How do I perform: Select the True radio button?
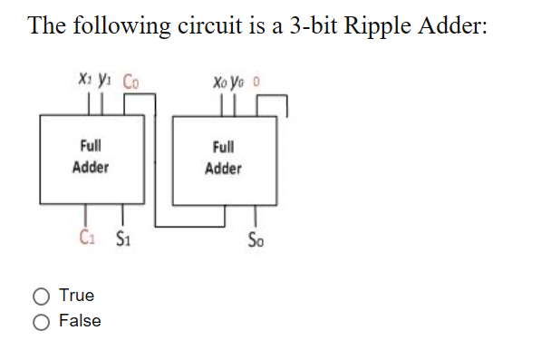pyautogui.click(x=41, y=296)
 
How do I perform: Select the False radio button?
pyautogui.click(x=41, y=321)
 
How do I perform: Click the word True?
pyautogui.click(x=76, y=296)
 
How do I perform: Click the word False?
pyautogui.click(x=80, y=321)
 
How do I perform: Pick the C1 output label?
pyautogui.click(x=87, y=239)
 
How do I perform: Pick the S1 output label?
pyautogui.click(x=121, y=240)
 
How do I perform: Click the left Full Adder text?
pyautogui.click(x=91, y=155)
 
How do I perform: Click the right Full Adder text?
pyautogui.click(x=223, y=157)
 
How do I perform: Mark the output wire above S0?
pyautogui.click(x=255, y=216)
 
